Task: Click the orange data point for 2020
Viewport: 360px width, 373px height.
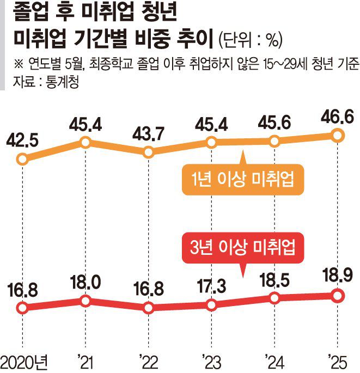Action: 22,160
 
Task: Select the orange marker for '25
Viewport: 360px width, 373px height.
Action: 337,135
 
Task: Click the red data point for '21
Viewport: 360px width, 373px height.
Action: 85,301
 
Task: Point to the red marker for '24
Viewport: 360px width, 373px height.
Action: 274,298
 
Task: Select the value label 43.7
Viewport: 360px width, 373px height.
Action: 148,133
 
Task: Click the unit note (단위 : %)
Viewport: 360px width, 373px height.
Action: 249,40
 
